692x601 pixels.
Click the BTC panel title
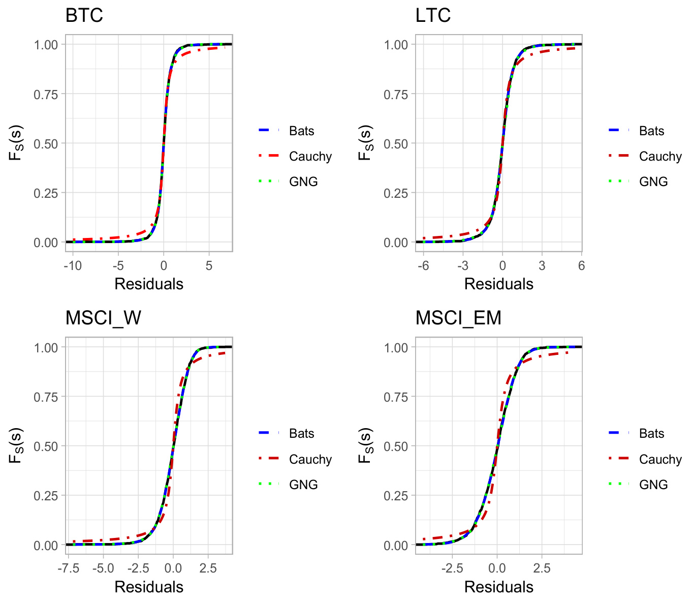[84, 15]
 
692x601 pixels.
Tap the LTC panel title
[433, 15]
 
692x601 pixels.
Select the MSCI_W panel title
[103, 318]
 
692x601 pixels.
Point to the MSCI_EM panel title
[458, 318]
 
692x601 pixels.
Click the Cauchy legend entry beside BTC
[310, 157]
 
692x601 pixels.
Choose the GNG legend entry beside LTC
[653, 182]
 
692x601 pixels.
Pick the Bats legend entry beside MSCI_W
[301, 434]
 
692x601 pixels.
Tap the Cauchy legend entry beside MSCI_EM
[660, 460]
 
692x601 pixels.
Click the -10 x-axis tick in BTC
[73, 266]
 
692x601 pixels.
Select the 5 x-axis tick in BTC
[209, 266]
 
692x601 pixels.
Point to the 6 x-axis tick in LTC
[581, 266]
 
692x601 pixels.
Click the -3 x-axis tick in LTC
[462, 266]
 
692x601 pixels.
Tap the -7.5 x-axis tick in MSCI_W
[69, 568]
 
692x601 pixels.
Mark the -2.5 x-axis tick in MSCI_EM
[452, 568]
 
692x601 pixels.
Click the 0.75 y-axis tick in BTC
[46, 94]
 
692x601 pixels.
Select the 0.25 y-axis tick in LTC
[396, 193]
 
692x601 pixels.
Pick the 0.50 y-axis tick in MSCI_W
[46, 446]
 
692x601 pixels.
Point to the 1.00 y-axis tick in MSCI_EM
[396, 348]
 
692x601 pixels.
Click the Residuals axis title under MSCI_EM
[498, 587]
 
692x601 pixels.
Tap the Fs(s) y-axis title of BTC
[16, 143]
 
